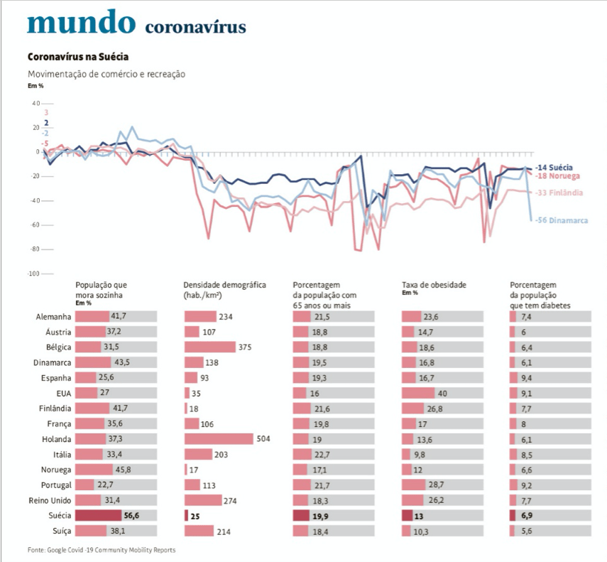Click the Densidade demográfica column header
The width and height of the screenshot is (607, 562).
224,285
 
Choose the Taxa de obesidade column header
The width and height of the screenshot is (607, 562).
434,285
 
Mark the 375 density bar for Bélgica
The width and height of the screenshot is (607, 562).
219,347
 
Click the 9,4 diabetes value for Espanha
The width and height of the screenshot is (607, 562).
527,377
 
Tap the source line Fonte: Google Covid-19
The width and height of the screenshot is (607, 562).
101,550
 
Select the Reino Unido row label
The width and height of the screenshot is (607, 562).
48,500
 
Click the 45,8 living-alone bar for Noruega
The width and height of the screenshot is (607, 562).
94,470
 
